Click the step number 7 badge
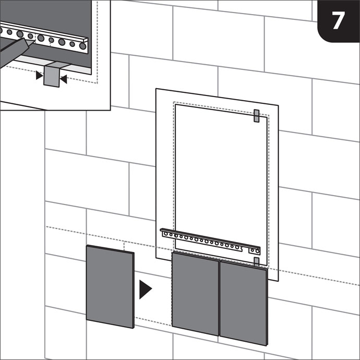pyautogui.click(x=339, y=21)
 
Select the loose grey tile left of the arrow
pyautogui.click(x=110, y=286)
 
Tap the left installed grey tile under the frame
pyautogui.click(x=195, y=293)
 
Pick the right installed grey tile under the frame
pyautogui.click(x=244, y=303)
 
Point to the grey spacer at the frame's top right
pyautogui.click(x=257, y=116)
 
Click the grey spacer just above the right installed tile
pyautogui.click(x=257, y=262)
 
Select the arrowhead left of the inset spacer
pyautogui.click(x=39, y=75)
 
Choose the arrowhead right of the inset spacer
pyautogui.click(x=63, y=79)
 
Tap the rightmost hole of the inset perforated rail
pyautogui.click(x=82, y=46)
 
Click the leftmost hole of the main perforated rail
pyautogui.click(x=166, y=234)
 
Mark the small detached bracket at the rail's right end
pyautogui.click(x=255, y=251)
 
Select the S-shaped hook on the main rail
pyautogui.click(x=241, y=248)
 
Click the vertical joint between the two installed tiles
pyautogui.click(x=220, y=298)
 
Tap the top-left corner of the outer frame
pyautogui.click(x=156, y=89)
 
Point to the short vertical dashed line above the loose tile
pyautogui.click(x=124, y=246)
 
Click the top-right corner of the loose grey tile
pyautogui.click(x=134, y=253)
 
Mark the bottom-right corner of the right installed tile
pyautogui.click(x=268, y=345)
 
